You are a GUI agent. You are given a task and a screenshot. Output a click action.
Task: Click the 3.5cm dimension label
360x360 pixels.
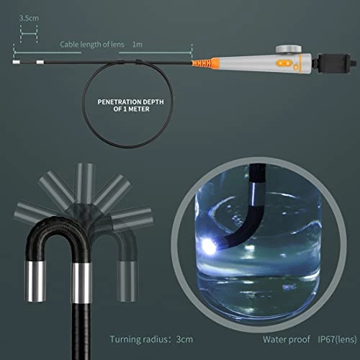29,17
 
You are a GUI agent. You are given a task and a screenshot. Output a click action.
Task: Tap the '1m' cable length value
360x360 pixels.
138,44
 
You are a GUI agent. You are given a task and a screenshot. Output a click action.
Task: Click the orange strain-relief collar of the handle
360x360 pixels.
215,63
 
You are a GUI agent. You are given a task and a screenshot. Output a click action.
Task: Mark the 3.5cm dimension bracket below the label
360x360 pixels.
29,31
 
